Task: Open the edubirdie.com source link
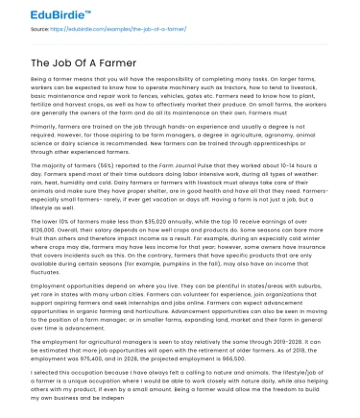pyautogui.click(x=115, y=31)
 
